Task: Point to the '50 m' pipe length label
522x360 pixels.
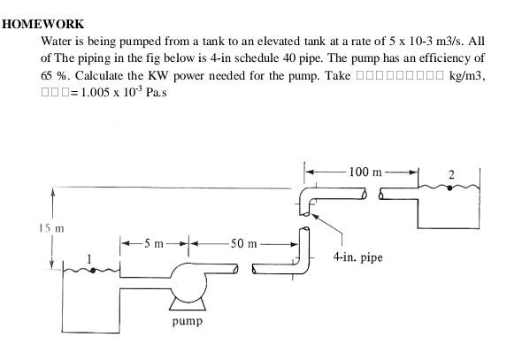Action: (x=242, y=243)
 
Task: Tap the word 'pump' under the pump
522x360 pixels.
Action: (x=187, y=321)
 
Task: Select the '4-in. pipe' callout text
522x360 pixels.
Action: (x=357, y=258)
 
